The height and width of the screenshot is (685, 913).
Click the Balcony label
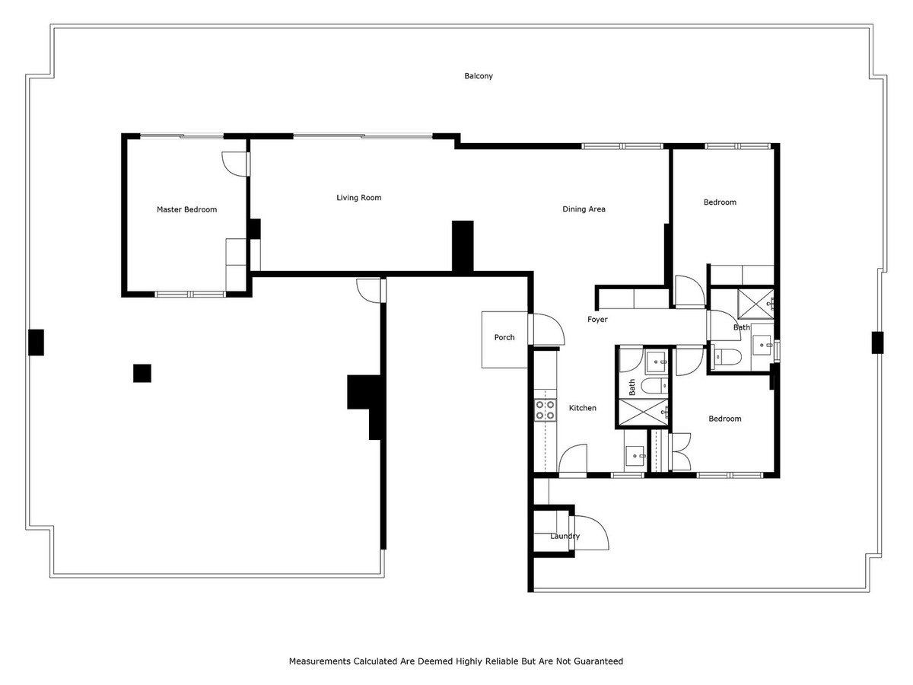point(479,76)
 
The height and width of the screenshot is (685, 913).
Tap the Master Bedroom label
point(186,210)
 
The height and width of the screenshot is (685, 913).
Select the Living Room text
point(359,198)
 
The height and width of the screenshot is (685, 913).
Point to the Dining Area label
point(584,209)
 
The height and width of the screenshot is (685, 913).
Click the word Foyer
point(597,320)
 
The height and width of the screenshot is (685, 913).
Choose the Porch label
point(504,338)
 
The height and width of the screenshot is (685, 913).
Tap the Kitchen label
point(583,409)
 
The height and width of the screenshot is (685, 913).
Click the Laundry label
point(565,537)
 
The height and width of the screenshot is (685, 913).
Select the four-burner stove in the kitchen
point(545,410)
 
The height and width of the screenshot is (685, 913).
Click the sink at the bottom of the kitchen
point(635,456)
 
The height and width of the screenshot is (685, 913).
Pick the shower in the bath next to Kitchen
point(644,410)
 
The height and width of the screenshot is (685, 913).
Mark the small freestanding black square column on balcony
point(142,373)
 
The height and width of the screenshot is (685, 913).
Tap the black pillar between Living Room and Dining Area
point(463,246)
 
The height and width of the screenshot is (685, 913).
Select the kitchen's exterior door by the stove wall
point(571,461)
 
